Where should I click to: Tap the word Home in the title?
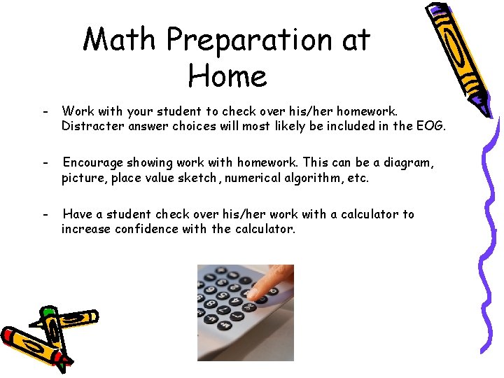click(x=227, y=76)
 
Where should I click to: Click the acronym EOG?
click(x=431, y=127)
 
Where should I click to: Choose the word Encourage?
click(x=95, y=162)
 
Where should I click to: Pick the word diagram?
click(x=409, y=162)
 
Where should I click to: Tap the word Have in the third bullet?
click(x=77, y=214)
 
